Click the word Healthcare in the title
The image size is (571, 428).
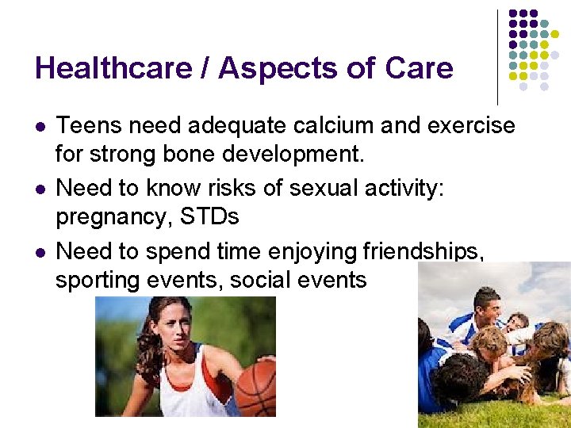click(x=113, y=68)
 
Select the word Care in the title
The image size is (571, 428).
click(x=419, y=68)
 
